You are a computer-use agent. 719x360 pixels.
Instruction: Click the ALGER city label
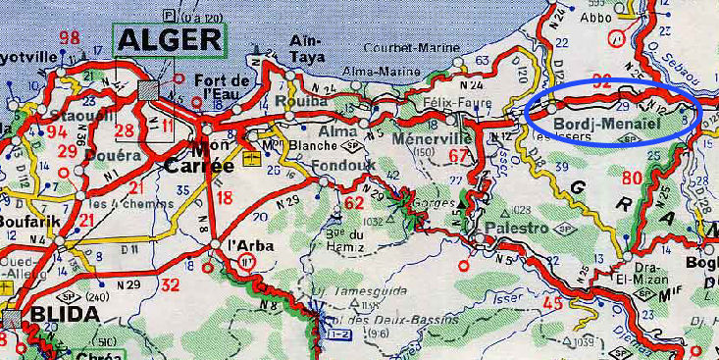pyautogui.click(x=170, y=40)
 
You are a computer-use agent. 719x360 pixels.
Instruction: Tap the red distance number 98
pyautogui.click(x=69, y=38)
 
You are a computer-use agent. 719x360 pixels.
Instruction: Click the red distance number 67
pyautogui.click(x=457, y=155)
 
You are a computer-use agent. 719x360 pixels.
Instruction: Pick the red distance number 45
pyautogui.click(x=553, y=303)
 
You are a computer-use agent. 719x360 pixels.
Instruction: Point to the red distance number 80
pyautogui.click(x=632, y=178)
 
